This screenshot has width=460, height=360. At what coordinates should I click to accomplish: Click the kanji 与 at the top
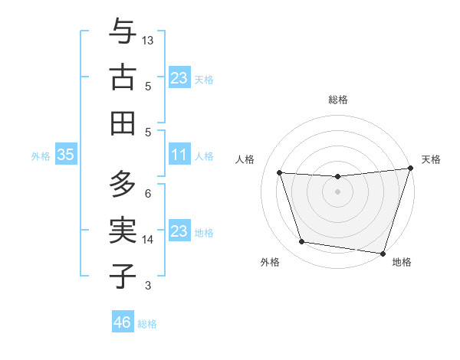point(123,33)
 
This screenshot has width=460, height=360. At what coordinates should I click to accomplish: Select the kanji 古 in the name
point(123,77)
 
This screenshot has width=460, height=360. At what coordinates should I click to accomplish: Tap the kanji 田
point(123,123)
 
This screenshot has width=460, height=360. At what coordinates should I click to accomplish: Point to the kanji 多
point(123,184)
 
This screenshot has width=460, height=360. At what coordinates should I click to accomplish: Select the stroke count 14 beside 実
point(148,240)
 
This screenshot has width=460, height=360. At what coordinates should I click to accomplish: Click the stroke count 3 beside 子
point(148,286)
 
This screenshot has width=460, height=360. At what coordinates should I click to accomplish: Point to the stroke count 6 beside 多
point(148,194)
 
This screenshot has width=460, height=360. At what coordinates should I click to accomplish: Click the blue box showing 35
point(65,155)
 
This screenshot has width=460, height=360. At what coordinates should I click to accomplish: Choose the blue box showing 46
point(123,322)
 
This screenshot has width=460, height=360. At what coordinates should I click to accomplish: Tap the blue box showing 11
point(179,155)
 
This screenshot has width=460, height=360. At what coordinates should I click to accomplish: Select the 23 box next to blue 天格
point(179,78)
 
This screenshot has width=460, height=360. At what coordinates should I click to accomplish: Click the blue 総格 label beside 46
point(147,324)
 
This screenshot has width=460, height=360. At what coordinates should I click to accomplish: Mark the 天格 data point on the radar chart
point(409,169)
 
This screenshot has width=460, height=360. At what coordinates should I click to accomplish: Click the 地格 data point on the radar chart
point(383,253)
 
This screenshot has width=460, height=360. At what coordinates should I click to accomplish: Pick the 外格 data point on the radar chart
point(301,242)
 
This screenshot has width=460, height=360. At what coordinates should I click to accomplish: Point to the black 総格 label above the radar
point(338,100)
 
